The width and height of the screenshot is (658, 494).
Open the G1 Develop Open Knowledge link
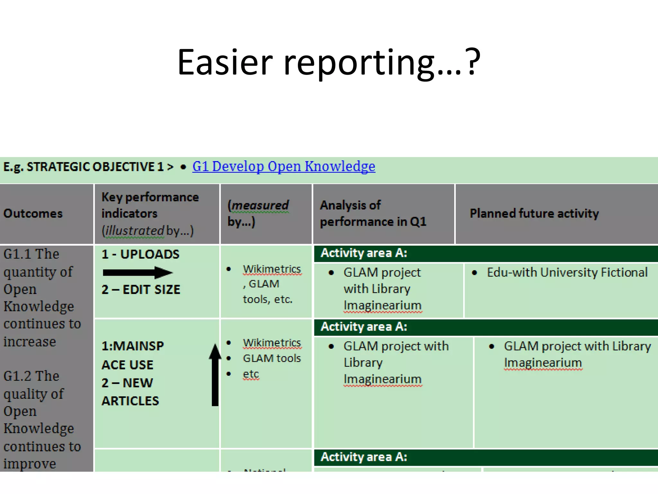point(283,167)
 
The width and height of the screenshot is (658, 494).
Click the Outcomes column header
point(33,214)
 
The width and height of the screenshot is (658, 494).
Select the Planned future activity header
point(534,214)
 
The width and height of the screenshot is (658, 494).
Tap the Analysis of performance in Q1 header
point(373,213)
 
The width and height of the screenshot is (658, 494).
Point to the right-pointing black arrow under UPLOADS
point(138,273)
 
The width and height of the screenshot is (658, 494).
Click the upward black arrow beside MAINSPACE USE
point(215,375)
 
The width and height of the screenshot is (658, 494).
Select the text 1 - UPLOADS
point(140,254)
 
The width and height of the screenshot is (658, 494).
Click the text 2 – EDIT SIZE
point(141,289)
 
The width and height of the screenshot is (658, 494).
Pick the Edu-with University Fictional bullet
point(567,272)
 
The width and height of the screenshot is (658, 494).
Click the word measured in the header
point(260,205)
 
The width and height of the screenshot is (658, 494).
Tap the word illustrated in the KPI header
point(135,231)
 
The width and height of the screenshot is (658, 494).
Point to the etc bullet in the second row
point(251,374)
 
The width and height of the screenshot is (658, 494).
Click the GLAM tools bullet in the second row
point(271,358)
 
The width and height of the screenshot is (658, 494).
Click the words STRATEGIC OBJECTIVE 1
point(95,167)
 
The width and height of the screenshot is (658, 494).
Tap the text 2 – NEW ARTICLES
point(130,392)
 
